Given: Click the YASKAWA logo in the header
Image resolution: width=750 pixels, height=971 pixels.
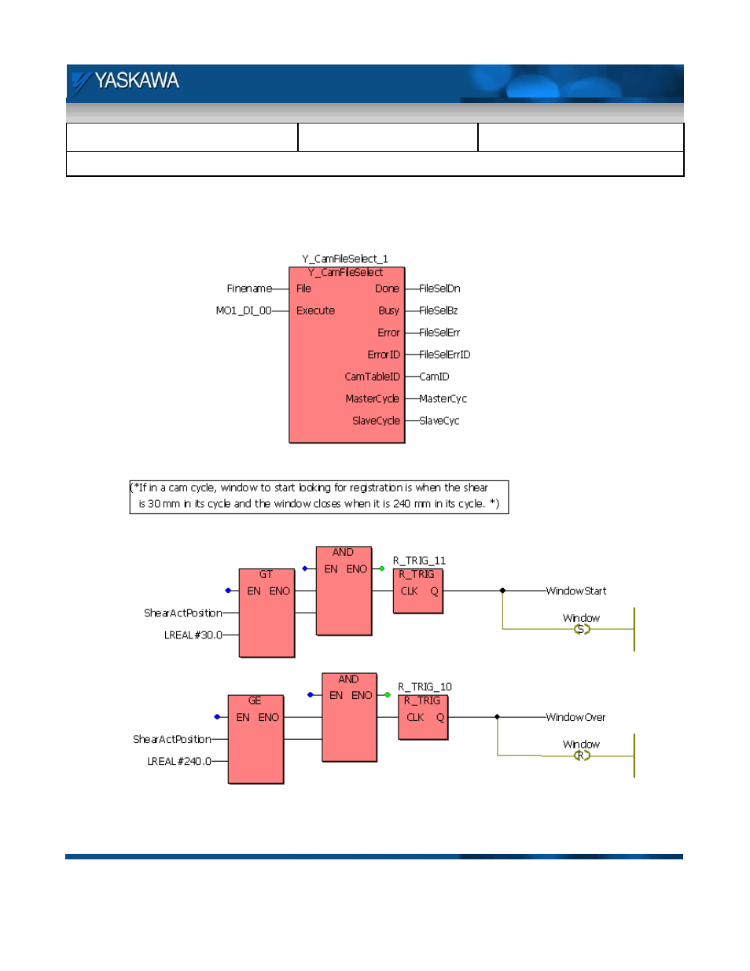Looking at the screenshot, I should (x=126, y=81).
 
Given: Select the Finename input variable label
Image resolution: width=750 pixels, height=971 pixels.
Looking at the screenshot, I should (x=249, y=289).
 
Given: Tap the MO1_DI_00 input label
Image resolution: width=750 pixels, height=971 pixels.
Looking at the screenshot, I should (x=243, y=311).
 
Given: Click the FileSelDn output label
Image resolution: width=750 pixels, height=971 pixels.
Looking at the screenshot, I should (x=439, y=289).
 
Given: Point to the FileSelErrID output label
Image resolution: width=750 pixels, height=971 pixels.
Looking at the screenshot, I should (x=444, y=355).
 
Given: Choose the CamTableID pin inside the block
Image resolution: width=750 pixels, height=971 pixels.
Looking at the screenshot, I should (x=372, y=377).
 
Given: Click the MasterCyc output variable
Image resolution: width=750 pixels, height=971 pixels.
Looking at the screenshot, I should (x=443, y=399).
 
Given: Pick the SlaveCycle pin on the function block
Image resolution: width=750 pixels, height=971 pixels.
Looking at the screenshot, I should (x=376, y=421).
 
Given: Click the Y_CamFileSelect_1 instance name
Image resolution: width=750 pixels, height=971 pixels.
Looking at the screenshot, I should (x=345, y=259).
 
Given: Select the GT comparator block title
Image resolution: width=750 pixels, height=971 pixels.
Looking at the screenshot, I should (x=266, y=575).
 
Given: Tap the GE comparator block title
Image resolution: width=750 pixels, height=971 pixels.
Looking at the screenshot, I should (x=255, y=701).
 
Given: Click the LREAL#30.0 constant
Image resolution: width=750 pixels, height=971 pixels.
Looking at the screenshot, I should (x=193, y=635).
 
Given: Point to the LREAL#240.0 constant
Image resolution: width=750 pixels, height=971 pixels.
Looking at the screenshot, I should (x=179, y=761).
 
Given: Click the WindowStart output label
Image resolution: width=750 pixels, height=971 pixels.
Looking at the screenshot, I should (x=576, y=591).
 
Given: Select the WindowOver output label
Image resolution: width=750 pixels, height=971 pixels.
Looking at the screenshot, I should (x=575, y=717).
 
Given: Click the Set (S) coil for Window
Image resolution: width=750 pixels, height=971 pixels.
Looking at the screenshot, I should (x=581, y=629).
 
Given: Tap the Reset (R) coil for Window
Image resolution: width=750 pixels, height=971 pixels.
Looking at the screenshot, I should (x=581, y=756).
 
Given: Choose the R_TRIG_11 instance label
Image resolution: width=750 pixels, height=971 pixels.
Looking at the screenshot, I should (x=419, y=561).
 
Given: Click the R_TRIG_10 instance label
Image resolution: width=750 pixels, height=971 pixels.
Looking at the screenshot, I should (x=425, y=687).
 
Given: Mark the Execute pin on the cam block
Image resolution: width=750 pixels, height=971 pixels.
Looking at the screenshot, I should (x=315, y=311).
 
